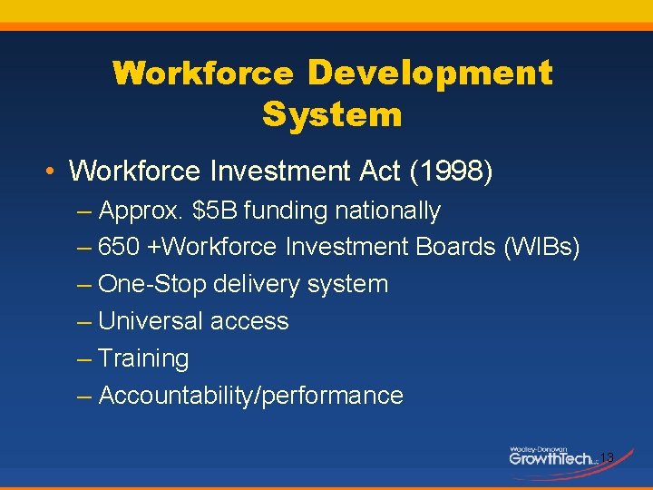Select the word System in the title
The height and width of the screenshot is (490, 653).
coord(332,115)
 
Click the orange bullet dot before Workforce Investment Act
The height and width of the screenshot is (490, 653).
coord(54,171)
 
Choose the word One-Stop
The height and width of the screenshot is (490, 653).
coord(152,285)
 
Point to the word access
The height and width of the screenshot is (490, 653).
coord(249,321)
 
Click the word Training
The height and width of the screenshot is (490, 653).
coord(143,359)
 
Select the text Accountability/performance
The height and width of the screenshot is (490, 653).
coord(250,397)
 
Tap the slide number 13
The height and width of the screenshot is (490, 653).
coord(607,458)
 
